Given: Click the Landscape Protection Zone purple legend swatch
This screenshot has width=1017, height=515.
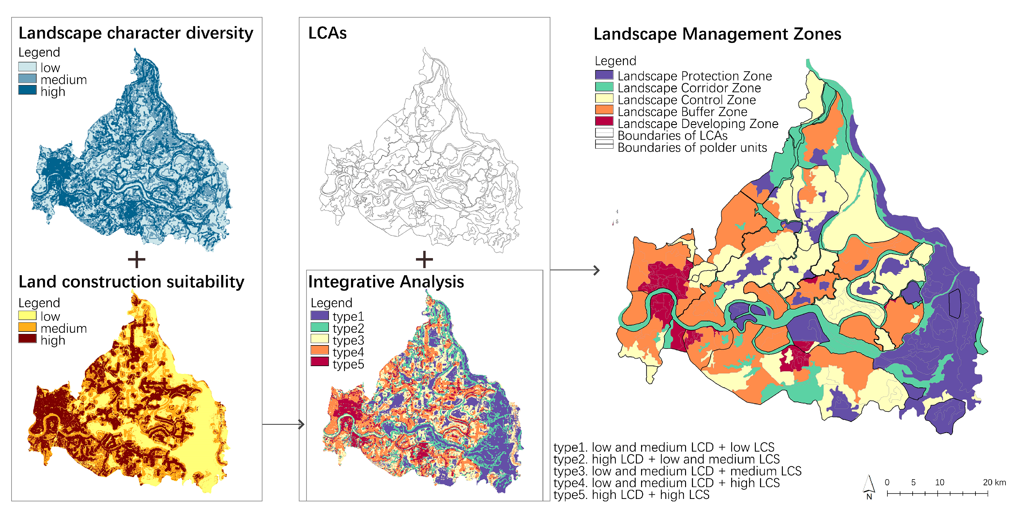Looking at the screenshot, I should tap(604, 75).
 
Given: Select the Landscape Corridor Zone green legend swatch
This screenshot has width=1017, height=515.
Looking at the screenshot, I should tap(604, 87).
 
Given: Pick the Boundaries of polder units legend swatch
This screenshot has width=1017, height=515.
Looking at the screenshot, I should tap(604, 145).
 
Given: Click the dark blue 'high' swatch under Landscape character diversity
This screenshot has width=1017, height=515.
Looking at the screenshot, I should tap(27, 90).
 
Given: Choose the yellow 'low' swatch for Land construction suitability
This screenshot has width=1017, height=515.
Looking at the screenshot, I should tap(27, 316).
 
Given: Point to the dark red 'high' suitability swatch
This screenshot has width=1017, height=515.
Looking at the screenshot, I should tap(27, 338).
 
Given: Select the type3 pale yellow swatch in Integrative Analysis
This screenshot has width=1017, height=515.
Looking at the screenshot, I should tap(319, 338).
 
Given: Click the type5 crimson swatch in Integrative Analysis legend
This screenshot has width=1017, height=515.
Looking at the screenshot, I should tap(319, 362).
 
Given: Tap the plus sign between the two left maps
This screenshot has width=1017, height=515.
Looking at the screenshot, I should tap(137, 260).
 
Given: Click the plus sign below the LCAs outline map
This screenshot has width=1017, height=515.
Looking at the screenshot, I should tap(424, 260).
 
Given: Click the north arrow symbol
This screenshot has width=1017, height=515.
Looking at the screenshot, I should tap(869, 485).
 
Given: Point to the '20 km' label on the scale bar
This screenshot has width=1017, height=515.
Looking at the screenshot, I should tap(994, 482).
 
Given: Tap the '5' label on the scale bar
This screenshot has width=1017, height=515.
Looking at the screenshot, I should tap(913, 482).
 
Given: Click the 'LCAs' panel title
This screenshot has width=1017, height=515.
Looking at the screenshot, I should tap(327, 33).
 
